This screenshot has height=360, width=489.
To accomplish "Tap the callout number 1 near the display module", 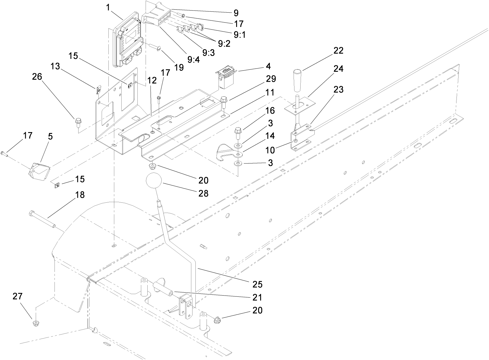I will pos(108,7).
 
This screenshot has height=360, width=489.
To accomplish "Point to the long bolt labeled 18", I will pos(42,219).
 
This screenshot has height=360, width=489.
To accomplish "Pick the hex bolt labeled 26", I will pos(78,121).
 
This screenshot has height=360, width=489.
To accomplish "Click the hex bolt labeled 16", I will pos(238,133).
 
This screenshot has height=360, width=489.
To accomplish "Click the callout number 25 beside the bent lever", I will pos(256,284).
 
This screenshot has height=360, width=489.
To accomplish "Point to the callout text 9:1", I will pos(240,34).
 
